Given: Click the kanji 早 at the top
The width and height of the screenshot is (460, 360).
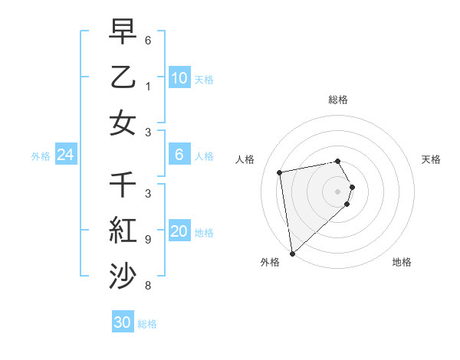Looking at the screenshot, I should point(123,33).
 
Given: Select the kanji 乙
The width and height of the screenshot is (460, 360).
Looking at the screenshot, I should point(123,77).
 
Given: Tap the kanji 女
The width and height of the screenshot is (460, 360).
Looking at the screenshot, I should point(123,123).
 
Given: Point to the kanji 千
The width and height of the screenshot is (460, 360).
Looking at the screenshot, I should point(123,185).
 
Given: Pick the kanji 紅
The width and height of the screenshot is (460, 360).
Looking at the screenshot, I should point(123,231).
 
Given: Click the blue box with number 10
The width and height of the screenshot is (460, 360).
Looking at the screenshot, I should point(179,77).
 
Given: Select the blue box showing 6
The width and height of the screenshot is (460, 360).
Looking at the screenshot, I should point(179,155).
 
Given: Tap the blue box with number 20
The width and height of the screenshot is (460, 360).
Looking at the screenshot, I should point(179,231).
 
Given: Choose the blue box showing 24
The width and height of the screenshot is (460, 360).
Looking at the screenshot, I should point(65,155).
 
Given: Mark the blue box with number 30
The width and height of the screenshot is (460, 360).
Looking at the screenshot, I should point(123,322).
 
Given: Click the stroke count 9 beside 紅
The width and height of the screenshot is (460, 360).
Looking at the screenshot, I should point(147,240).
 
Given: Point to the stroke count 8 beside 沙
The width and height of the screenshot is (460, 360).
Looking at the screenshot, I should point(147,286).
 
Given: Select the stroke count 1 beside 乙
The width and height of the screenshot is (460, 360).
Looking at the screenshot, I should point(147,86).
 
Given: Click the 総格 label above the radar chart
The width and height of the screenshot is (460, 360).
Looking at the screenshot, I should point(337,100).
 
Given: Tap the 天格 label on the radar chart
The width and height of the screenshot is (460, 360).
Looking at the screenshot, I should point(431,159).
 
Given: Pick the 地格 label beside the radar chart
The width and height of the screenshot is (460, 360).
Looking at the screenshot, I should point(402,262).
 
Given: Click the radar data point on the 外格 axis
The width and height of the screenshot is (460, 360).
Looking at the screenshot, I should point(292,253).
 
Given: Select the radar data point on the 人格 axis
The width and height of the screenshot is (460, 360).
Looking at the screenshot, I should point(280,172).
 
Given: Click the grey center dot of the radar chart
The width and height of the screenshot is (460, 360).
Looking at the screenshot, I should point(338,191).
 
